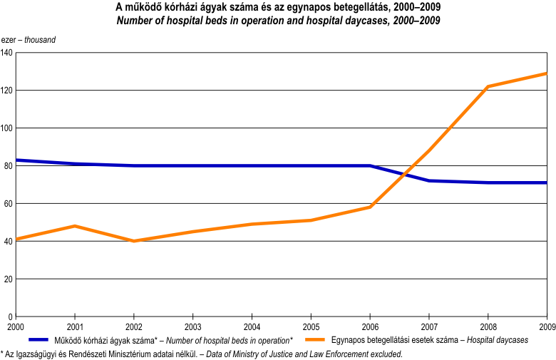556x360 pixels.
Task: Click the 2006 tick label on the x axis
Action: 369,326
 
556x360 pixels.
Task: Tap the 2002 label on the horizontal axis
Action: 133,326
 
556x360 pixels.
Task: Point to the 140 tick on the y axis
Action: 6,53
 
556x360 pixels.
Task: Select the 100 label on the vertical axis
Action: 6,128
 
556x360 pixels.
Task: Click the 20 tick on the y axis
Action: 9,279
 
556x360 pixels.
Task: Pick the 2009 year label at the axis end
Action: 545,326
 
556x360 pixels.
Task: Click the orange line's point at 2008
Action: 488,87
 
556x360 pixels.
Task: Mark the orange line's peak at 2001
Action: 75,226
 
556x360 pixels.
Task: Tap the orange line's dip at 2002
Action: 134,241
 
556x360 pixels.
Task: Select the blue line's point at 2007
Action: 428,181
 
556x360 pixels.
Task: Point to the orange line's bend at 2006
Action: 370,207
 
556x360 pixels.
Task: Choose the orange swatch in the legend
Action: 315,340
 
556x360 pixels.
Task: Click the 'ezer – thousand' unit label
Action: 29,40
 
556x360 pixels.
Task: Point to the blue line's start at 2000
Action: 16,160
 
